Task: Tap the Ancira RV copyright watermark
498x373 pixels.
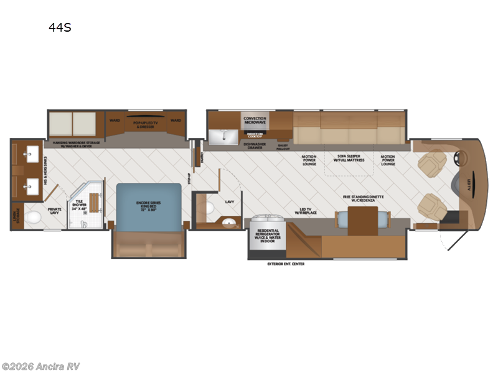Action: coord(41,366)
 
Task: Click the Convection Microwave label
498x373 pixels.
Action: coord(255,120)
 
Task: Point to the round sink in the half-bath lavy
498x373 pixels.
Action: coord(230,222)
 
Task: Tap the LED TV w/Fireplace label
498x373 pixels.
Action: coord(306,212)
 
